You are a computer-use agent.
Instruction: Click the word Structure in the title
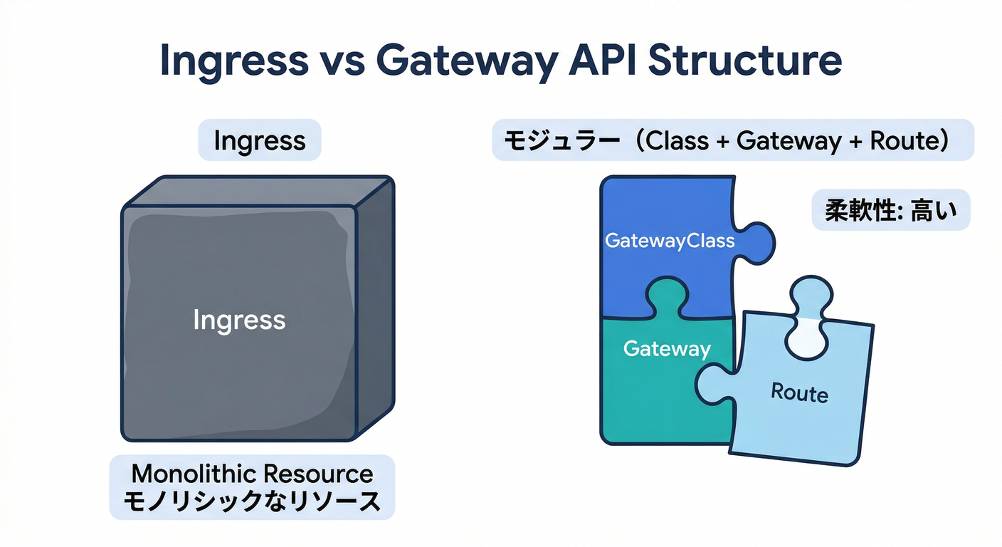(745, 61)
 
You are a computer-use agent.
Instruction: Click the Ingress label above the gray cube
(259, 140)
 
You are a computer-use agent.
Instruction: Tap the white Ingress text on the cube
(239, 320)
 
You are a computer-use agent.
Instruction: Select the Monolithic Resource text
(252, 474)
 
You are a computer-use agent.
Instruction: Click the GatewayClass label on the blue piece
(669, 241)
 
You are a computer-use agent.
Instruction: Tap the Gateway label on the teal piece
(667, 348)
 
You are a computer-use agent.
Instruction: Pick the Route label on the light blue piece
(799, 392)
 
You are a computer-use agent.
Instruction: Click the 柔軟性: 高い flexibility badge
(890, 211)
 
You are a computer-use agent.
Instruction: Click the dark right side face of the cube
(374, 306)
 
